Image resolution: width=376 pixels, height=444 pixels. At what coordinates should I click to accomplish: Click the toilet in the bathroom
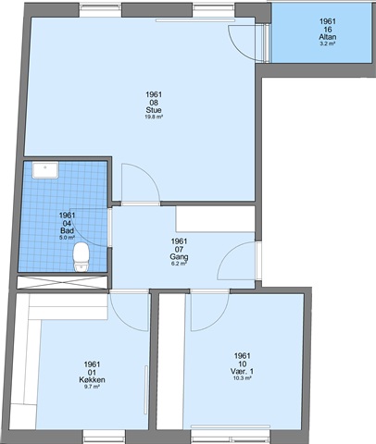tap(81, 257)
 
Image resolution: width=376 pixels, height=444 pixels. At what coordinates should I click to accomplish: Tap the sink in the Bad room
tap(45, 170)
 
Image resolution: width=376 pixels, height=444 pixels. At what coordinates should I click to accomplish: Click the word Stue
tap(154, 110)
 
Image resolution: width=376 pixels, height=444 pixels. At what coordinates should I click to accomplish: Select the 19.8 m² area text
tap(154, 117)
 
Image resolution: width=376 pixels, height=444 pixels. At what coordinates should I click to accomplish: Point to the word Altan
tap(328, 37)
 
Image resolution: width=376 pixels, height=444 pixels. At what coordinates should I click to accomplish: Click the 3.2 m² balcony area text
tap(328, 43)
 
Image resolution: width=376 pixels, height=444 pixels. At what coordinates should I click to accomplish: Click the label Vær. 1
tap(243, 372)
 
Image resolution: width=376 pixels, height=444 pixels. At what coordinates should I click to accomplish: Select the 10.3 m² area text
tap(243, 378)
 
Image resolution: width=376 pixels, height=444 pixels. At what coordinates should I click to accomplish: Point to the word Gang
tap(179, 256)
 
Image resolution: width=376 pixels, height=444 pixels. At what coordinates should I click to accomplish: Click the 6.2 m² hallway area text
tap(179, 264)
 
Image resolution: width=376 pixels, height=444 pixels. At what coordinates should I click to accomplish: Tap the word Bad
tap(67, 230)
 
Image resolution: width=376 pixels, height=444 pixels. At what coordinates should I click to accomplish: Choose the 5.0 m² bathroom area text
tap(67, 238)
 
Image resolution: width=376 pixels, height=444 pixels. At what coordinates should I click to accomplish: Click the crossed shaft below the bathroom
tap(62, 282)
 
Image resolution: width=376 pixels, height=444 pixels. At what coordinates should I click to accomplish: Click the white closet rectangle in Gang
tap(215, 219)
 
